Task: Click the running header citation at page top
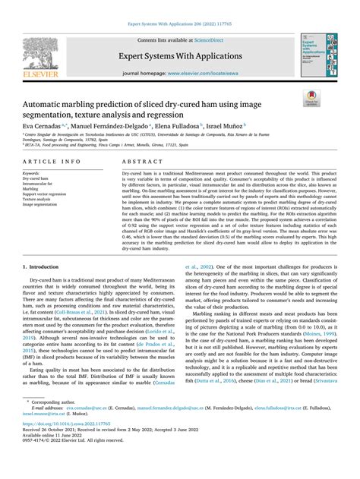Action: click(179, 6)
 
